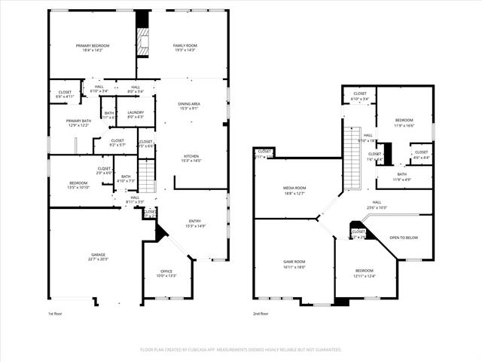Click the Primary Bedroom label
pos(93,46)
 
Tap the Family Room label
pos(185,46)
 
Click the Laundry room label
pos(136,112)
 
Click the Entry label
pos(195,221)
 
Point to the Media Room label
pos(294,188)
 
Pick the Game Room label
pos(294,262)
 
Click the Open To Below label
pos(404,238)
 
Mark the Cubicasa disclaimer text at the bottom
pos(241,350)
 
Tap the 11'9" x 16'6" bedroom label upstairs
pos(404,123)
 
